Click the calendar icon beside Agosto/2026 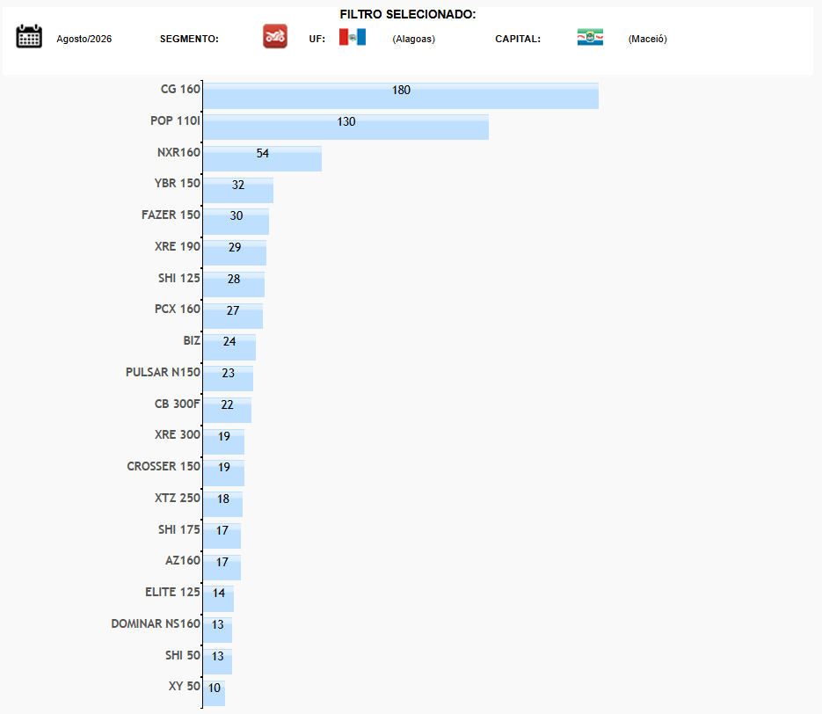pos(29,36)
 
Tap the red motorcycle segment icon pos(275,36)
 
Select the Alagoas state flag pos(353,37)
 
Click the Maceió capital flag pos(590,37)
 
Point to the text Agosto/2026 pos(84,39)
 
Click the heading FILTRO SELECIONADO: pos(408,14)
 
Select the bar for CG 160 pos(401,96)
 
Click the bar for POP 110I pos(346,127)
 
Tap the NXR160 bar pos(263,159)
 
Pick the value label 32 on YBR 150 pos(238,185)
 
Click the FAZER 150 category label pos(171,215)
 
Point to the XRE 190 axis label pos(178,246)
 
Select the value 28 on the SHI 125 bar pos(234,279)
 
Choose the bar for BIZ pos(229,347)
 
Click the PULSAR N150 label pos(163,372)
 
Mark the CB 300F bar pos(228,411)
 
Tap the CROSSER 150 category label pos(164,467)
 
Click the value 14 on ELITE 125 pos(219,593)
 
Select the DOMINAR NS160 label pos(156,623)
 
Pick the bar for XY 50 pos(215,694)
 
